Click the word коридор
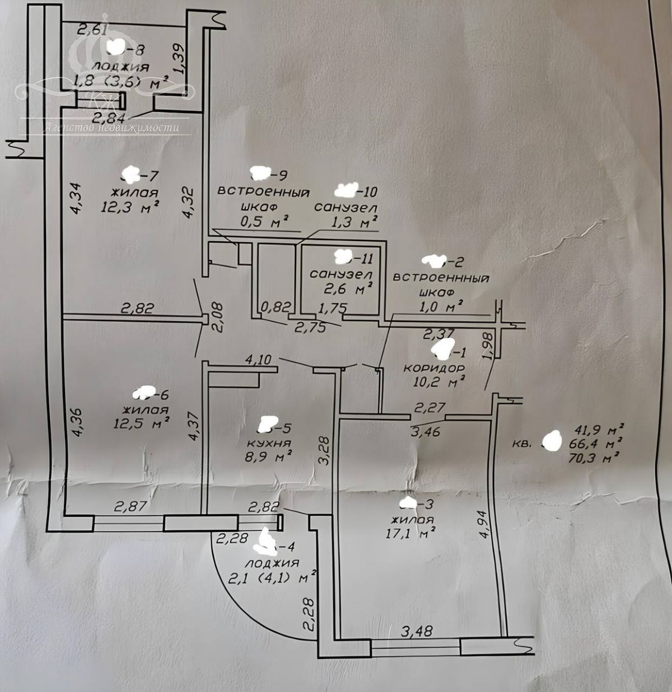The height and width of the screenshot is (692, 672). pyautogui.click(x=434, y=369)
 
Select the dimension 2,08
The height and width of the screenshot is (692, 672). pyautogui.click(x=218, y=317)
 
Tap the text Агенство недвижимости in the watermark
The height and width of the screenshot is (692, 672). pyautogui.click(x=112, y=128)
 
